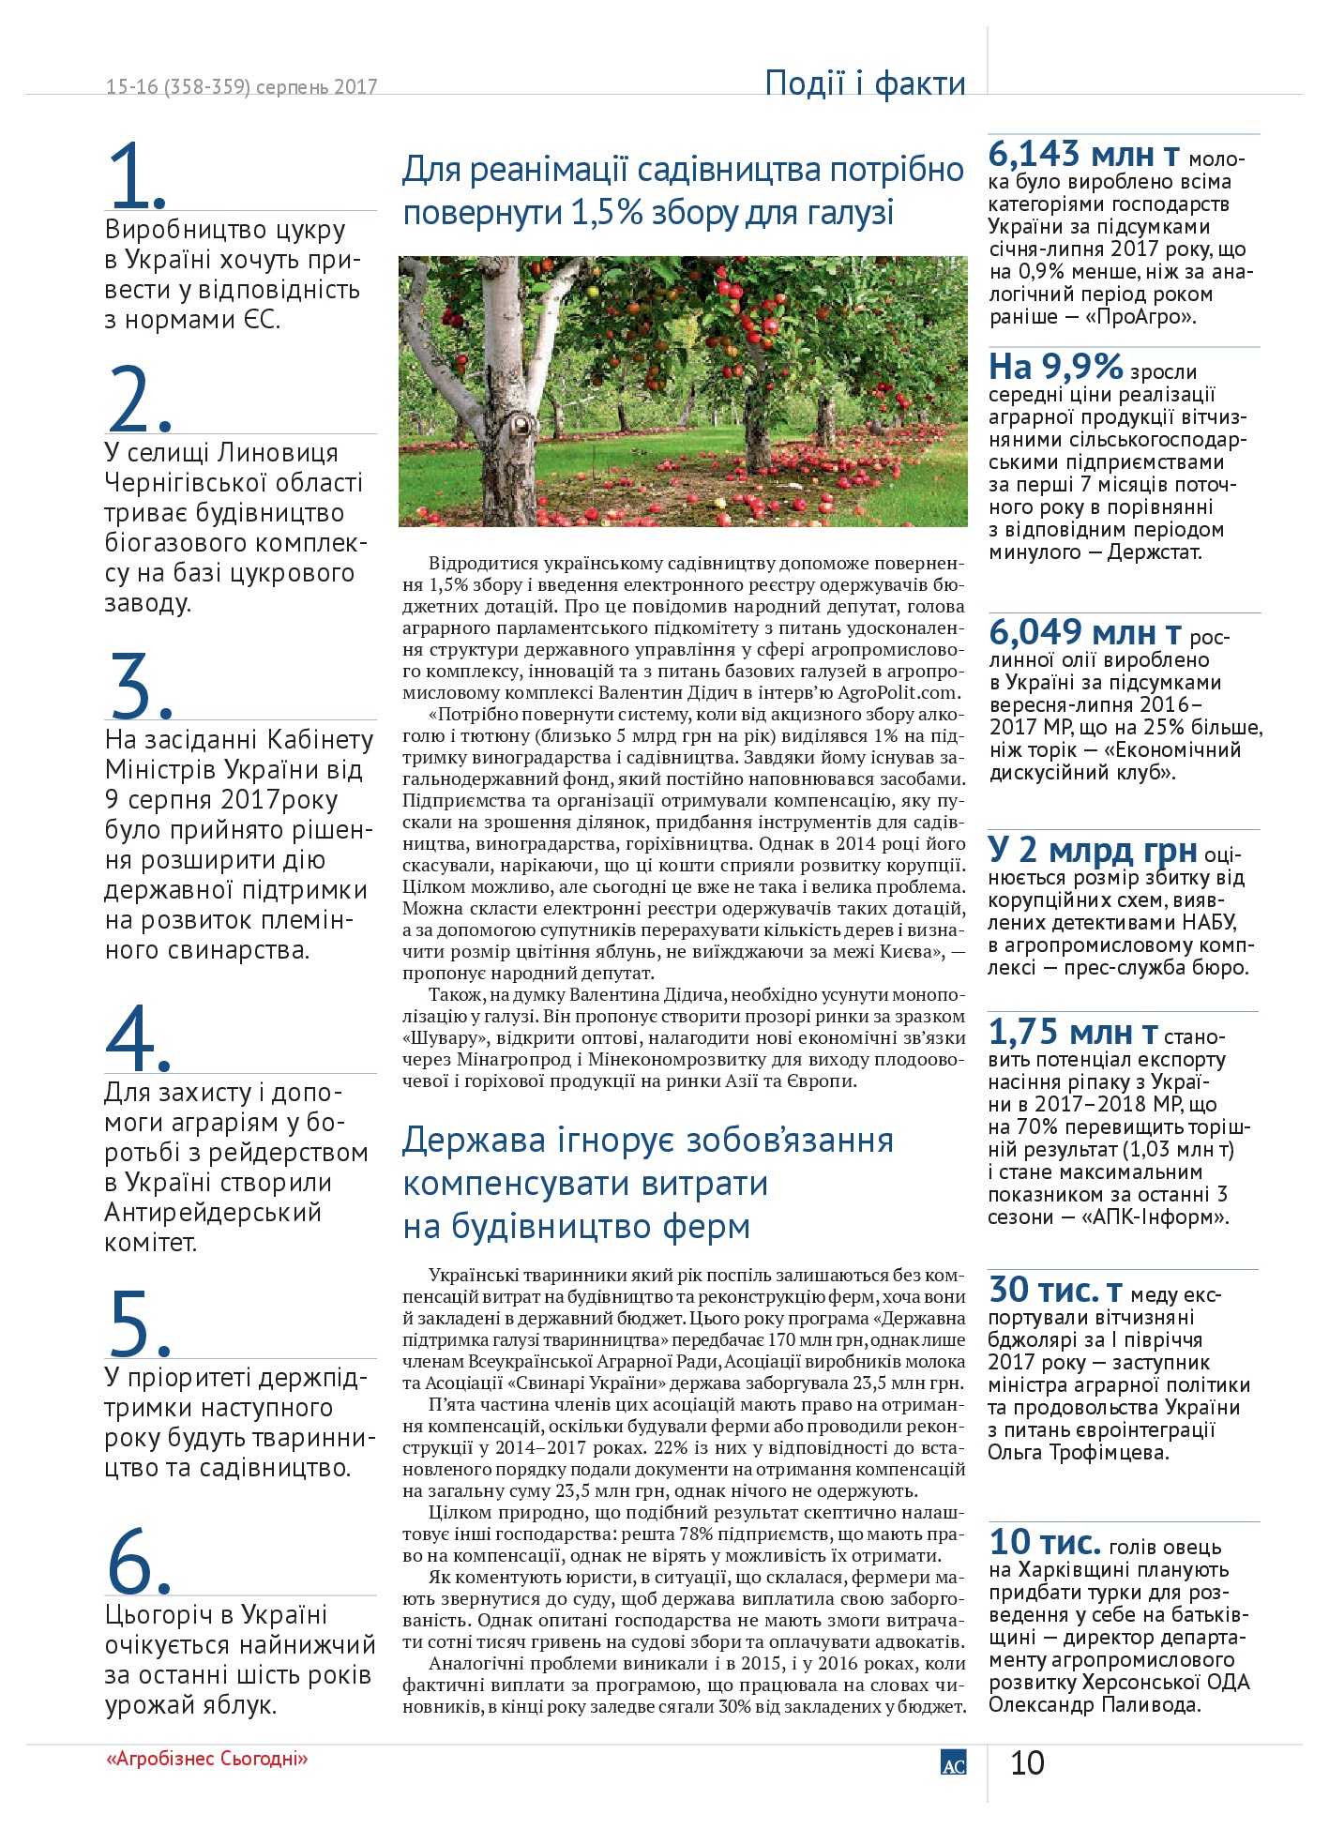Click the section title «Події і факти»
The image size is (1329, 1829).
[x=865, y=83]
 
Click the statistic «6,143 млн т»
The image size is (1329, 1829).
[x=1084, y=154]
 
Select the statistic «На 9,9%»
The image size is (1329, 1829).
[x=1056, y=366]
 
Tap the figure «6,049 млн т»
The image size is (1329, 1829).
[x=1085, y=633]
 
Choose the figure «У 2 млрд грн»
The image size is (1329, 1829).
[x=1093, y=850]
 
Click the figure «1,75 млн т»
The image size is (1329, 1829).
[x=1073, y=1033]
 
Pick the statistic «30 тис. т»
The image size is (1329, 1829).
[x=1055, y=1291]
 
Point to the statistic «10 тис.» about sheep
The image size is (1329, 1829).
[x=1045, y=1542]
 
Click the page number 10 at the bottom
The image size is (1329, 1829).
[x=1027, y=1763]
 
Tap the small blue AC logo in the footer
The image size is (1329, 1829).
[x=953, y=1763]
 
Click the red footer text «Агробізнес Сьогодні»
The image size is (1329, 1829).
[x=207, y=1759]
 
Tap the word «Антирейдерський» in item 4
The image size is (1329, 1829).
[x=213, y=1212]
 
